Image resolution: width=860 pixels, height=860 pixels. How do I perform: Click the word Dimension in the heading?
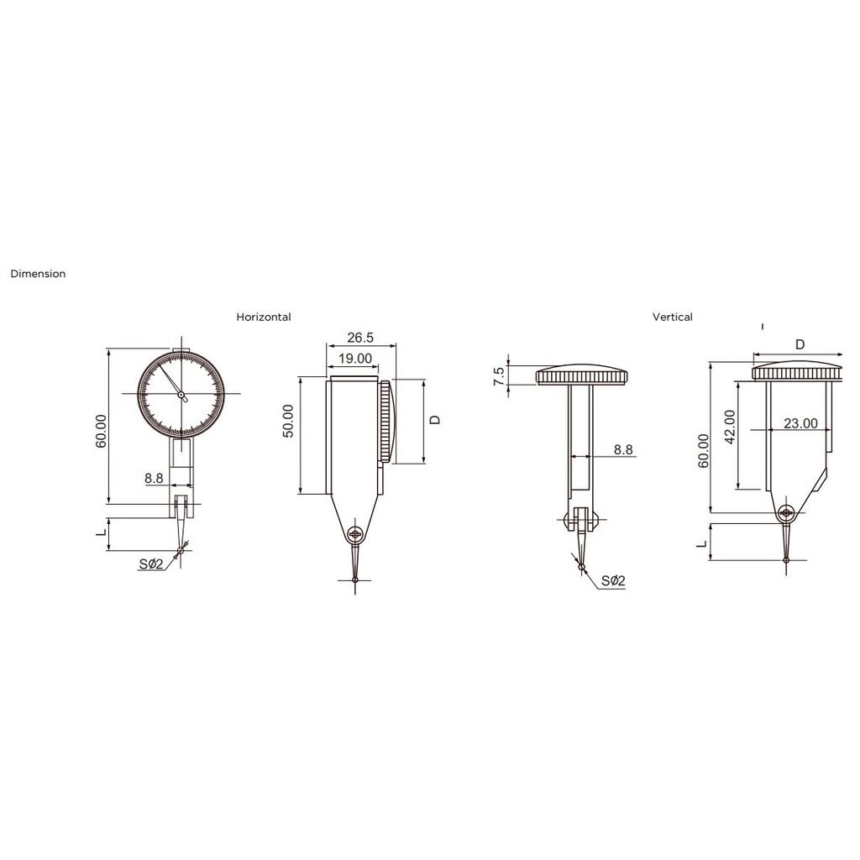(x=38, y=274)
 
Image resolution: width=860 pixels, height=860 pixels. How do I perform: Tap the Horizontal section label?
(x=263, y=317)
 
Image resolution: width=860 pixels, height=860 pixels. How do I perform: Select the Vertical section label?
(x=673, y=317)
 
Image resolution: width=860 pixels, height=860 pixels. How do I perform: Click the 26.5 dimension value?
(x=360, y=338)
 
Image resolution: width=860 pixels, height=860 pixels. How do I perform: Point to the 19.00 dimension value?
(x=355, y=359)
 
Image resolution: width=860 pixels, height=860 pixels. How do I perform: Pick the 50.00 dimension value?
(x=288, y=422)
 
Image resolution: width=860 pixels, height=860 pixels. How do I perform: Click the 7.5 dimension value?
(x=499, y=376)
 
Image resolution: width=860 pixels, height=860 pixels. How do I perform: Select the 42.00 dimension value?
(x=730, y=427)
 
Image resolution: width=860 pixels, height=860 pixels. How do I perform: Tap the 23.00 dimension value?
(x=800, y=423)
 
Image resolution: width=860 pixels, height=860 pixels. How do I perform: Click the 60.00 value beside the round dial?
(x=101, y=431)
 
